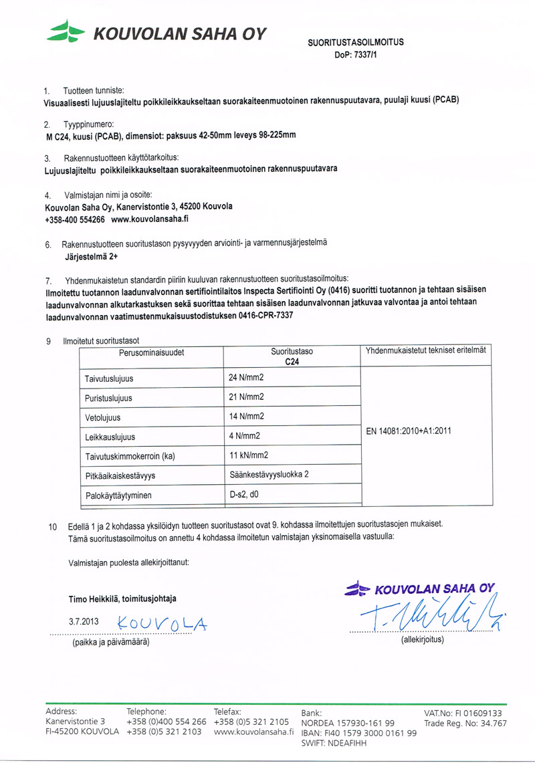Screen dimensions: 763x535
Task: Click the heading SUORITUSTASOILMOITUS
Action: tap(355, 43)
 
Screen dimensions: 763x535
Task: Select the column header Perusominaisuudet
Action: tap(151, 351)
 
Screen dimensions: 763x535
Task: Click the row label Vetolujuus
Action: tap(102, 417)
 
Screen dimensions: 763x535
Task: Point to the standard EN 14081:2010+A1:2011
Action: tap(409, 431)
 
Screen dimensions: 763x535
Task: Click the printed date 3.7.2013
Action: tap(84, 621)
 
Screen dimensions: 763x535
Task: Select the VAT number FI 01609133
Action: tap(463, 713)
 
